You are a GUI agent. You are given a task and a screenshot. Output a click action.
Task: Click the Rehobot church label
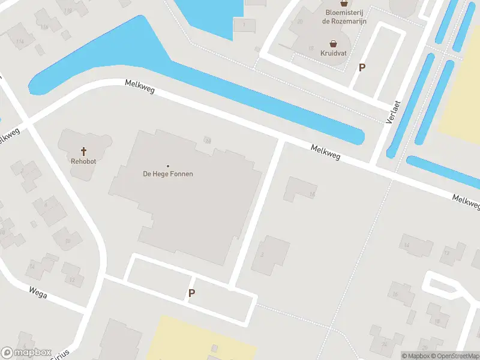coord(83,161)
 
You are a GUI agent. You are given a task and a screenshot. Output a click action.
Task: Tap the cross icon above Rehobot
coord(83,151)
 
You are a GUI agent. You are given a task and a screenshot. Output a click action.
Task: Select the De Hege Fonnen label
coord(167,174)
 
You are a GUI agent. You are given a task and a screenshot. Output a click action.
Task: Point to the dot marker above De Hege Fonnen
coord(167,166)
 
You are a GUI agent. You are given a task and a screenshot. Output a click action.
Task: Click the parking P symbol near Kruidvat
coord(362,68)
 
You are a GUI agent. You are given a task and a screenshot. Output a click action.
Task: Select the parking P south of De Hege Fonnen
coord(192,293)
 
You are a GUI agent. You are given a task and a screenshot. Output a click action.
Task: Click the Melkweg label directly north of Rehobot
coord(140,86)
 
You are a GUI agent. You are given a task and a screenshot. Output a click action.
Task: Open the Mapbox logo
coord(26,353)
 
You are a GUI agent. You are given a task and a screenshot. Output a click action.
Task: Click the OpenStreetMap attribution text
coord(457,356)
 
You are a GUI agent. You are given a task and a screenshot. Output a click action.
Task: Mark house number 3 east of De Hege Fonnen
coord(262,254)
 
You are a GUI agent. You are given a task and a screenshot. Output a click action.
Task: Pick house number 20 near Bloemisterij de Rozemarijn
coord(299,22)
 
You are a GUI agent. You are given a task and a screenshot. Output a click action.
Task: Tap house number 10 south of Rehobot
coord(67,241)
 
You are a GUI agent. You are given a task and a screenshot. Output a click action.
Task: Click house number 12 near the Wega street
coord(72,279)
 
